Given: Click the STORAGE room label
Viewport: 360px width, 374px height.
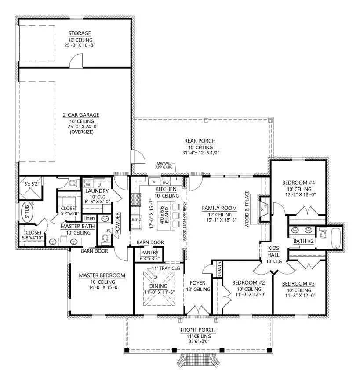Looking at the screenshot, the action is [80, 33].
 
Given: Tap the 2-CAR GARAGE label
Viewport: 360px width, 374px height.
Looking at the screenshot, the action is [81, 115].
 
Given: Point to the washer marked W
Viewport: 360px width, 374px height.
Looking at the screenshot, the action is [88, 185].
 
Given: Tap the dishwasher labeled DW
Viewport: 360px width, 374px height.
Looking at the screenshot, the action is [166, 183].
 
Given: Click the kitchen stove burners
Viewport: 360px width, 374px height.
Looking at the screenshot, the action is [136, 200].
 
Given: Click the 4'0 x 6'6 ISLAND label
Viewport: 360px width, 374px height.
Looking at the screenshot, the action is [164, 215].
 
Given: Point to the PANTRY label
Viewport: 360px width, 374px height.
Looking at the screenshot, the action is [149, 253].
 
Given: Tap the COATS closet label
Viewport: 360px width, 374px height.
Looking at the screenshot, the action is [219, 269].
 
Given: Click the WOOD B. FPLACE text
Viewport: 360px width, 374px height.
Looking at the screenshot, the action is [247, 209].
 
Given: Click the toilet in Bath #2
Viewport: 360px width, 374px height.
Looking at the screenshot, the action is [323, 233].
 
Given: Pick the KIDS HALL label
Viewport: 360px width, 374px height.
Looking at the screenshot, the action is [273, 251].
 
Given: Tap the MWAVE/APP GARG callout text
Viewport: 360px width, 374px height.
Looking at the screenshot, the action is [164, 165].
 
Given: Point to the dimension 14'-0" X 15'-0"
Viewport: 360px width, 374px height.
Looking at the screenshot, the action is [104, 287].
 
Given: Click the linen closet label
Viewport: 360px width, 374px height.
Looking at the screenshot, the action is [90, 218].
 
